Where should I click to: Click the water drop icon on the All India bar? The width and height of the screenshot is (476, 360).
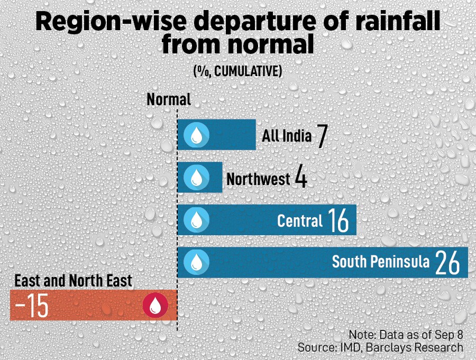[x=196, y=135]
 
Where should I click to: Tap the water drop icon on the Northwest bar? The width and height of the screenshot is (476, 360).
[x=196, y=177]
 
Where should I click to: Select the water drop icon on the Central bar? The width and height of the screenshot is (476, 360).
[x=196, y=219]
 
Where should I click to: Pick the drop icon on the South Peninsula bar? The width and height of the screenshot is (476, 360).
[x=196, y=262]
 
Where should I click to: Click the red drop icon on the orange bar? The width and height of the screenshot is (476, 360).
[x=155, y=306]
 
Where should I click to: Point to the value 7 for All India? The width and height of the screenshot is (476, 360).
[x=322, y=136]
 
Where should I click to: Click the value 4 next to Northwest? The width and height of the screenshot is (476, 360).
[x=300, y=178]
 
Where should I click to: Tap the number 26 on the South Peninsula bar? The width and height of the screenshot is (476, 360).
[x=447, y=262]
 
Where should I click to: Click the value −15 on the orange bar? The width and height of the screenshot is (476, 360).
[x=32, y=307]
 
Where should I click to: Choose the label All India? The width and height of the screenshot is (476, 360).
[x=287, y=136]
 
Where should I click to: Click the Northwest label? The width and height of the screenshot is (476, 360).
[x=258, y=179]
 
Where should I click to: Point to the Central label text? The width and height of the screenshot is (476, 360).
[x=299, y=220]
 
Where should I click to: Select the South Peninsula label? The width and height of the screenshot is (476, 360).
[x=380, y=262]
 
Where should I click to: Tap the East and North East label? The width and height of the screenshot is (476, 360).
[x=73, y=281]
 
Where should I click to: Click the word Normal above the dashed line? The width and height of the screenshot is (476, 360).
[x=168, y=99]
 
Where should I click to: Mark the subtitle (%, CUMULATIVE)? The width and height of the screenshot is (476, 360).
[x=237, y=71]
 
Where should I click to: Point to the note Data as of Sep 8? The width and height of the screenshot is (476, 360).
[x=406, y=335]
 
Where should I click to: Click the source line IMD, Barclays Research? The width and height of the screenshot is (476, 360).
[x=380, y=347]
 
